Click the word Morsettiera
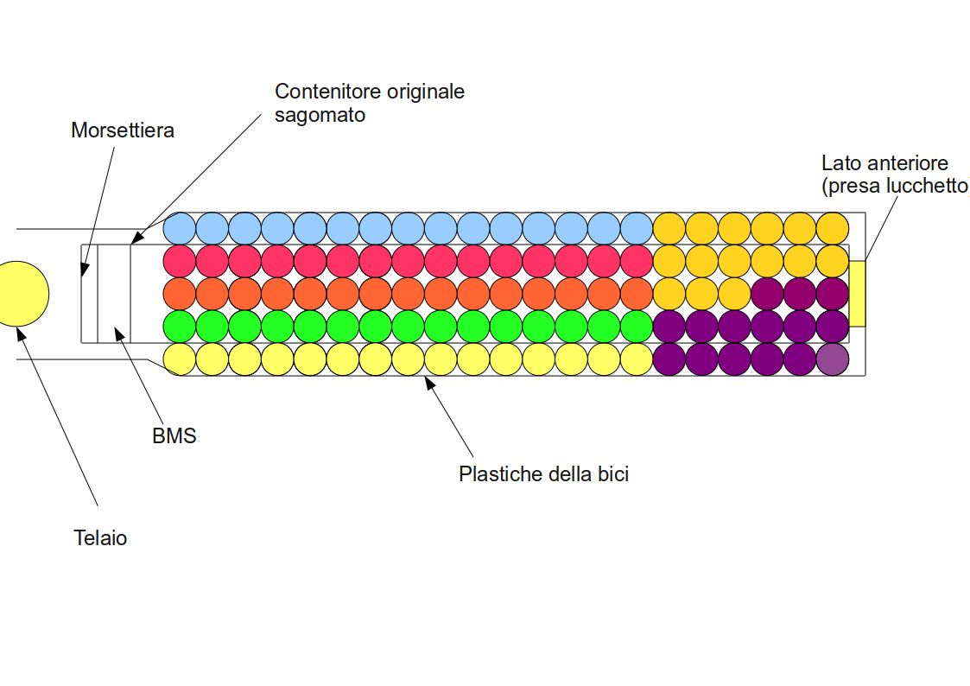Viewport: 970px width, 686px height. click(x=123, y=130)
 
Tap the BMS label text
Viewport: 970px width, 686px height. click(x=174, y=435)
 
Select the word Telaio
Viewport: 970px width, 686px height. click(x=100, y=537)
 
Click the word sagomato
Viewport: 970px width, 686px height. click(x=320, y=115)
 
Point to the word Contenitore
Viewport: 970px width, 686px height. click(x=321, y=91)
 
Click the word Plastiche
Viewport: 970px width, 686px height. click(x=501, y=473)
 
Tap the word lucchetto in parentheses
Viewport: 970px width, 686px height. click(x=929, y=186)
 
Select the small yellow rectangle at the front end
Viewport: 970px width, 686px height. click(x=857, y=294)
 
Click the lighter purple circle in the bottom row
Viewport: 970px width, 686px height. click(x=833, y=359)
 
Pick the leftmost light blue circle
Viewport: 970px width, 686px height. click(x=180, y=228)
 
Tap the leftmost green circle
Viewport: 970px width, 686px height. click(x=180, y=326)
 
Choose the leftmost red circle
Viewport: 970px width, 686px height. click(x=180, y=261)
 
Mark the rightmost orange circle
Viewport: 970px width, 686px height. click(x=637, y=294)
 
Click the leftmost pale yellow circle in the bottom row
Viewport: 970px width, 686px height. click(x=180, y=359)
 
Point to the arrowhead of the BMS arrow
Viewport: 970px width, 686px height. click(x=120, y=334)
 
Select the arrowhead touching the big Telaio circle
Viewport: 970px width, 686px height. click(x=21, y=334)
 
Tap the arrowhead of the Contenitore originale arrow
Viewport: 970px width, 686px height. click(x=137, y=238)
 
